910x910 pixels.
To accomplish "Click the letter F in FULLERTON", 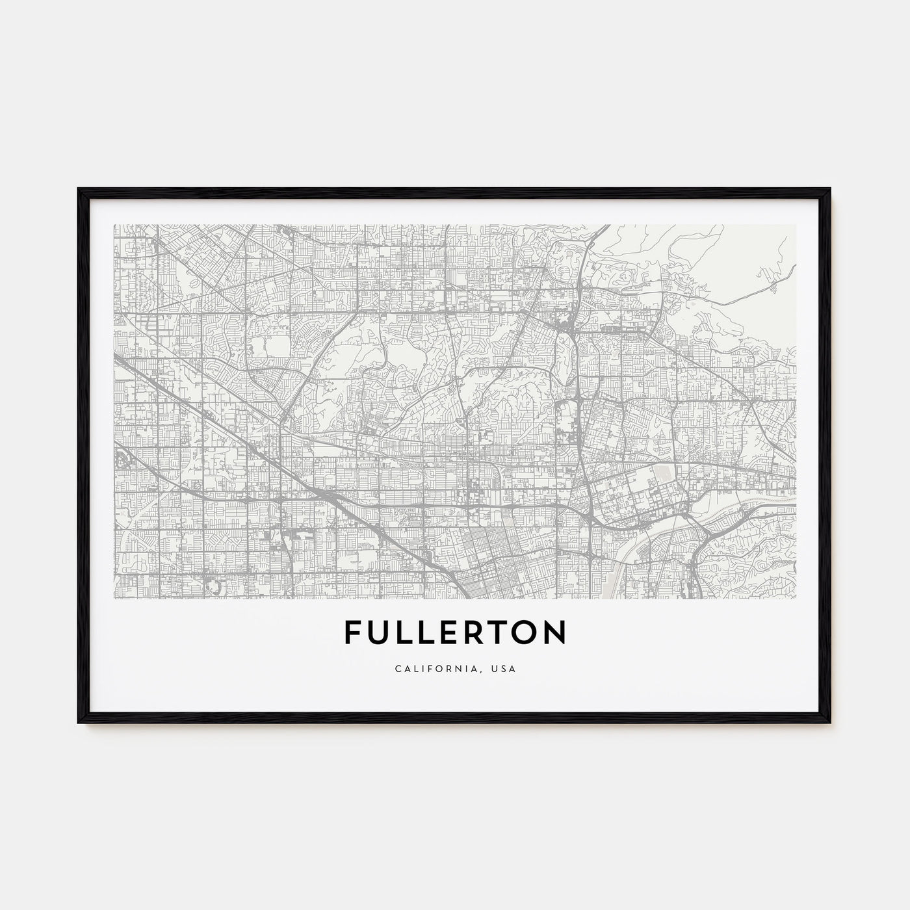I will (x=353, y=632).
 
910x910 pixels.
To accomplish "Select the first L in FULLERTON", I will (x=404, y=632).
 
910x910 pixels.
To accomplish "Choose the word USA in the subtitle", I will (x=504, y=668).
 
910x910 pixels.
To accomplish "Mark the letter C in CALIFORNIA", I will (x=396, y=668).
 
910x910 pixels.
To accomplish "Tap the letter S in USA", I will (x=504, y=668).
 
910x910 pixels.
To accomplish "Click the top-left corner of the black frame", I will (x=79, y=189).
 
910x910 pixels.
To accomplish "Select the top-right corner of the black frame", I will (x=830, y=189).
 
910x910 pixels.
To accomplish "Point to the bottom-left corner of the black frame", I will (x=79, y=722).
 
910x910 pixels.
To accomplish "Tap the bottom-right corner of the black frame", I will (x=830, y=722).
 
